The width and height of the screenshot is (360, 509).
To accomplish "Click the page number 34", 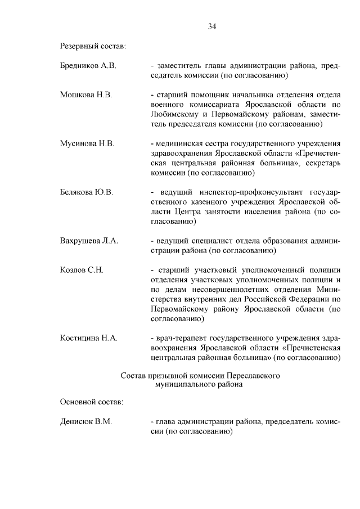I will [x=211, y=26].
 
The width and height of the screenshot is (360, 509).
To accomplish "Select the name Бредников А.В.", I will [x=88, y=66].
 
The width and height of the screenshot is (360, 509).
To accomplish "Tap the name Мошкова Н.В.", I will [x=86, y=94].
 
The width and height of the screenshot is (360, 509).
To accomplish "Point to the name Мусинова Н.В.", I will [x=87, y=143].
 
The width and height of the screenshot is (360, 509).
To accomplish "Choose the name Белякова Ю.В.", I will [x=87, y=192].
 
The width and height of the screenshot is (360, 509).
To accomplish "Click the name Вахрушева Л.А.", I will [x=89, y=241].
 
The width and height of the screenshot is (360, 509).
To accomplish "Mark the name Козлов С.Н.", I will [x=82, y=270].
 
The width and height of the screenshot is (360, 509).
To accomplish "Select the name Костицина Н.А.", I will [x=88, y=338].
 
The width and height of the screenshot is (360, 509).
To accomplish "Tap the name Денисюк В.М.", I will [x=86, y=421].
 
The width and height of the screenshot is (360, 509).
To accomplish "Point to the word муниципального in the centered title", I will [x=183, y=384].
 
